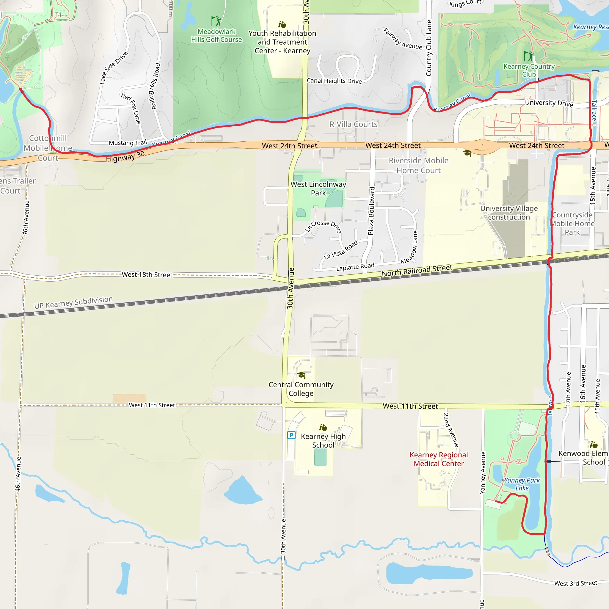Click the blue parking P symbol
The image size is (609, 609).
click(x=291, y=435)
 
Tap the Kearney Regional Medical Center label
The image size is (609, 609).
click(x=439, y=459)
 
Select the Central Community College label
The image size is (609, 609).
click(x=301, y=389)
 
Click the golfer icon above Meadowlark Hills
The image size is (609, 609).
click(x=216, y=21)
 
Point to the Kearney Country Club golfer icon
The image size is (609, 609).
click(x=529, y=56)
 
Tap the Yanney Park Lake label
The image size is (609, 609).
click(x=522, y=484)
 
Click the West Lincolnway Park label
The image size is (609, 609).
click(x=318, y=189)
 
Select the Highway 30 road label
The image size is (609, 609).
click(x=125, y=156)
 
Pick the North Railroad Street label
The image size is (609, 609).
click(x=417, y=271)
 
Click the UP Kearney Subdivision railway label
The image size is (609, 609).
click(x=73, y=302)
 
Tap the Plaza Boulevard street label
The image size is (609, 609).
click(x=372, y=211)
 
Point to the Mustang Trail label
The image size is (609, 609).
click(x=128, y=143)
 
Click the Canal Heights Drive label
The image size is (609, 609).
click(x=334, y=81)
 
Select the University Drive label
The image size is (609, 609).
click(x=549, y=103)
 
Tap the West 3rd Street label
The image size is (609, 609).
click(x=576, y=583)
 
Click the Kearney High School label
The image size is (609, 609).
click(x=323, y=440)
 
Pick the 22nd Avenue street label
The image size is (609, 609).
click(x=451, y=430)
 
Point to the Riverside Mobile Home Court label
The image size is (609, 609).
click(x=418, y=166)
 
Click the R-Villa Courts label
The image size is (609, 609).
click(x=353, y=125)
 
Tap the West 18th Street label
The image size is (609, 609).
click(x=147, y=274)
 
